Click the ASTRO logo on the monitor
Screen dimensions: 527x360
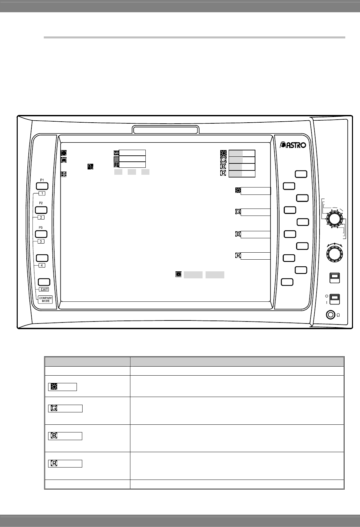tap(293, 145)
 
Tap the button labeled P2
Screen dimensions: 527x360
tap(41, 210)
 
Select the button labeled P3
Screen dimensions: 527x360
tap(41, 234)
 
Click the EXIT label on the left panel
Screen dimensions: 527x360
tap(44, 289)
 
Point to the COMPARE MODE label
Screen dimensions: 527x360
tap(45, 299)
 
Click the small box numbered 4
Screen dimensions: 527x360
tap(41, 265)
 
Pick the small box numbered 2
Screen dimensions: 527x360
tap(41, 218)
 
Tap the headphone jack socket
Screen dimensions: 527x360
tap(331, 315)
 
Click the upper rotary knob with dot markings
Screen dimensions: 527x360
tap(334, 219)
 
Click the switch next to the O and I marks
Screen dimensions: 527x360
tap(335, 298)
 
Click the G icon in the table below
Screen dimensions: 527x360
tap(53, 408)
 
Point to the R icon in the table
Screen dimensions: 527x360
tap(53, 464)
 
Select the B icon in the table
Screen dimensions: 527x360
tap(53, 436)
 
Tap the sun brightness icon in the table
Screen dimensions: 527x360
tap(53, 387)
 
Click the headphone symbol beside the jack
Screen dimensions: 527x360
tap(339, 315)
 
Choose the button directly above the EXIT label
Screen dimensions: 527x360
tap(44, 282)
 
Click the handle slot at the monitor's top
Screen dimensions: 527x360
tap(166, 129)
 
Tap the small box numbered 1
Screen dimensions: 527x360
tap(41, 193)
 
